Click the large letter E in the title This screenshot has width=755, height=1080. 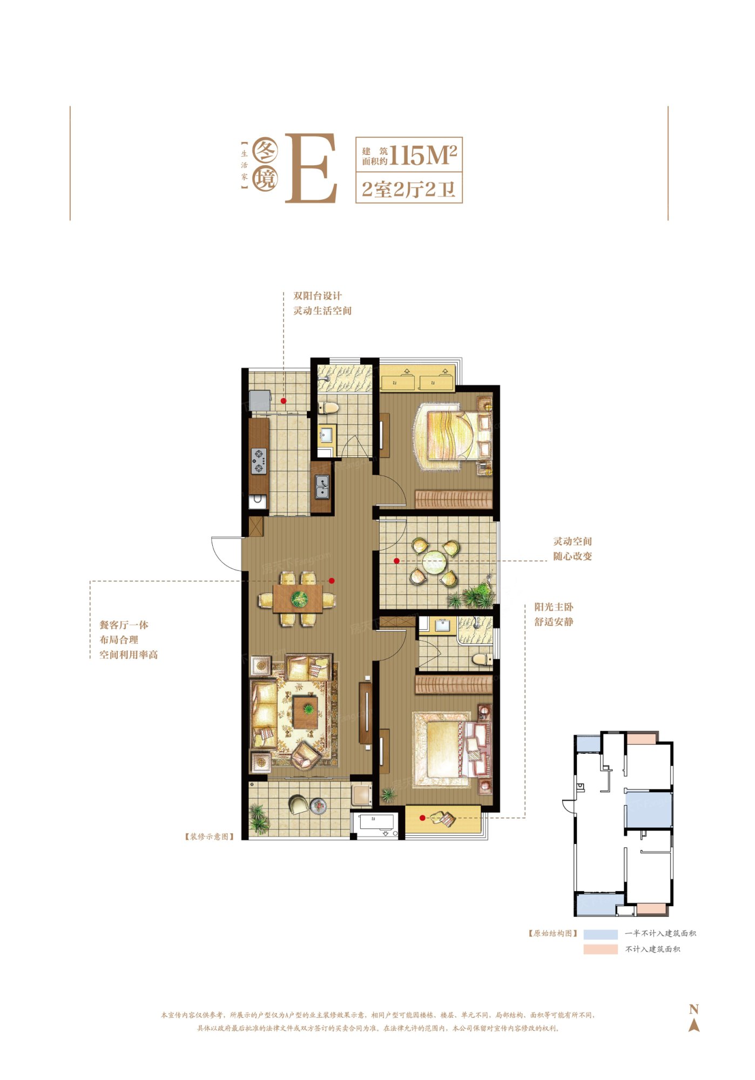[312, 168]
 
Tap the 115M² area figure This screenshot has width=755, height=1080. [423, 156]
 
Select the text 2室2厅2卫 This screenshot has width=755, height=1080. [409, 190]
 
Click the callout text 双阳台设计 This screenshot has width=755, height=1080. [318, 296]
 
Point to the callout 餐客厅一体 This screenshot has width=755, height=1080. [124, 625]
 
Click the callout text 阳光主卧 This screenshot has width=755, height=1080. [554, 607]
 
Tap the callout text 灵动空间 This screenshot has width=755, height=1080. [572, 541]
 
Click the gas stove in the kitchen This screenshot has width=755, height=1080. [259, 461]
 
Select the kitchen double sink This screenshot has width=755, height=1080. [322, 486]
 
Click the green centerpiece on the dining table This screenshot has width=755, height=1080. [299, 598]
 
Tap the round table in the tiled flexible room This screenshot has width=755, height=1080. [434, 562]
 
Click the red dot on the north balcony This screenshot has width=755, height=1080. [284, 401]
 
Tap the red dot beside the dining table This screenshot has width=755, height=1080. [332, 581]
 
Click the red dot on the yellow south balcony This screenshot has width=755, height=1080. [422, 818]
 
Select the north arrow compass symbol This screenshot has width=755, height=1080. [694, 1017]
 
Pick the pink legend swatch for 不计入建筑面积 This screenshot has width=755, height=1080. [600, 949]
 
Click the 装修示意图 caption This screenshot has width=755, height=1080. [210, 836]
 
